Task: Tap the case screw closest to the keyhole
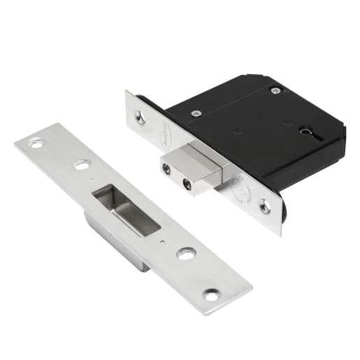(275, 90)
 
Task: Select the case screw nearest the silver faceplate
(195, 113)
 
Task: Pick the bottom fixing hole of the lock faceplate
(266, 206)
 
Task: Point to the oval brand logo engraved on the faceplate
(159, 134)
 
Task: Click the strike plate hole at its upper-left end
(35, 143)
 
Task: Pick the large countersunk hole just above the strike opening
(82, 165)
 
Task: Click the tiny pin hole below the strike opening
(162, 241)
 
